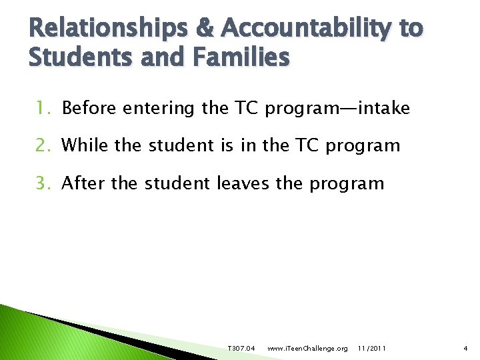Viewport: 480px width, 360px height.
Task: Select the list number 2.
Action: click(45, 145)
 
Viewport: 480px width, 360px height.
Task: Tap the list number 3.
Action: click(45, 183)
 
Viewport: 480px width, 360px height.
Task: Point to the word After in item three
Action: click(83, 183)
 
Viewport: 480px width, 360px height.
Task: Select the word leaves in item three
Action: click(243, 183)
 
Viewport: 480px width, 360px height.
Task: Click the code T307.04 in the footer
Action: click(241, 349)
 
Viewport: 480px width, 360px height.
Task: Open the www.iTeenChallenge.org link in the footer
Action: click(307, 349)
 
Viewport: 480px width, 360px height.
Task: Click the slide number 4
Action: click(465, 349)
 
